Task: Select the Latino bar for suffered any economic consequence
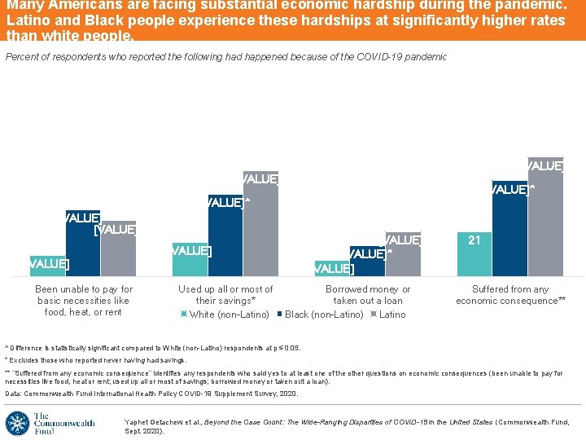[x=545, y=220]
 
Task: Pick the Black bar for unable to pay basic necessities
[x=83, y=244]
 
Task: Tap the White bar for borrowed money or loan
[x=332, y=269]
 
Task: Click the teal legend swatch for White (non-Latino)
[x=184, y=315]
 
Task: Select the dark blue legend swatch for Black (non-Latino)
[x=279, y=315]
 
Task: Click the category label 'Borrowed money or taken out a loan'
[x=368, y=295]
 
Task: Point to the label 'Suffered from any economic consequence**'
[x=510, y=295]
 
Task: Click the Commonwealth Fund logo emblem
[x=17, y=424]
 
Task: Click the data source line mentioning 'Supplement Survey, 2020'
[x=151, y=394]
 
